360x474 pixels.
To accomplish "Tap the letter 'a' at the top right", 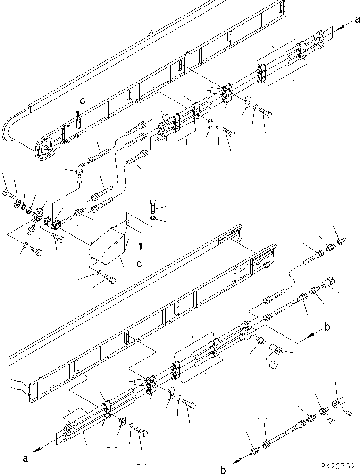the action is [x=357, y=20].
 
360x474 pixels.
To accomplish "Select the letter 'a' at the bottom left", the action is [x=25, y=458].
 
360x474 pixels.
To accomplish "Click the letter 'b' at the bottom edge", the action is [x=223, y=469].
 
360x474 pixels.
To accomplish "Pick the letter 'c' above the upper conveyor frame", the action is [x=82, y=100].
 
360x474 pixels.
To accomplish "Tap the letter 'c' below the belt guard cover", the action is [x=139, y=264].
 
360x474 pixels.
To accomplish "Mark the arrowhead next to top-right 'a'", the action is [x=341, y=27].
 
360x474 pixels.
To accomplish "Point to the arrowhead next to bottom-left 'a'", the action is [x=36, y=450].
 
